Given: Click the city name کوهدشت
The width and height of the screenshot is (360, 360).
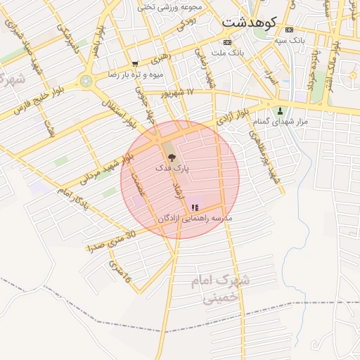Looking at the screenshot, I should (x=250, y=22).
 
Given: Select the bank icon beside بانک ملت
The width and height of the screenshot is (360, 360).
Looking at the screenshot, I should (x=227, y=42).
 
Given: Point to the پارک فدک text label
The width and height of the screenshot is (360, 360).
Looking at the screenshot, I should (x=172, y=169).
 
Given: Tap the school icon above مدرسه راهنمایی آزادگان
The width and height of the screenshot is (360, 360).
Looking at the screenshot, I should (x=195, y=207).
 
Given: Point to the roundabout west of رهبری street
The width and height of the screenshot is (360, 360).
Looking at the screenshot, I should (x=86, y=81).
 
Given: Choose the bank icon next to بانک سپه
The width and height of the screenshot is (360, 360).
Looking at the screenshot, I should (x=289, y=30).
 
